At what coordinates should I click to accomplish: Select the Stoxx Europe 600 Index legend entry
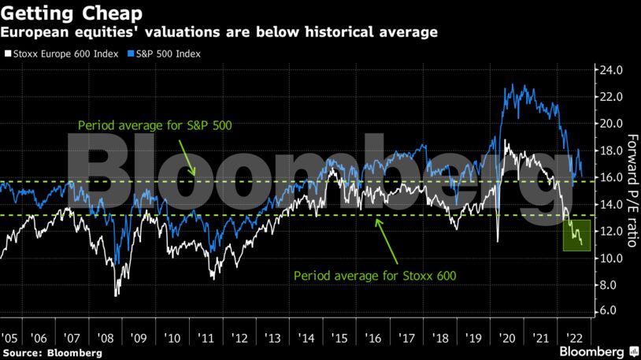coord(61,54)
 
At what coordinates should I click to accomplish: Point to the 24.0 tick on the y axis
coord(613,70)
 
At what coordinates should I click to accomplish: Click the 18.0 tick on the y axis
coord(613,150)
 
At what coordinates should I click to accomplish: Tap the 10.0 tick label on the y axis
coord(613,258)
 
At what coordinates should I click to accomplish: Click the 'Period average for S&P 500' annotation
coord(156,125)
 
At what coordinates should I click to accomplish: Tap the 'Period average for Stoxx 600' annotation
coord(375,276)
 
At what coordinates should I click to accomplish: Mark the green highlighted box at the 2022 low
coord(577,236)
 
